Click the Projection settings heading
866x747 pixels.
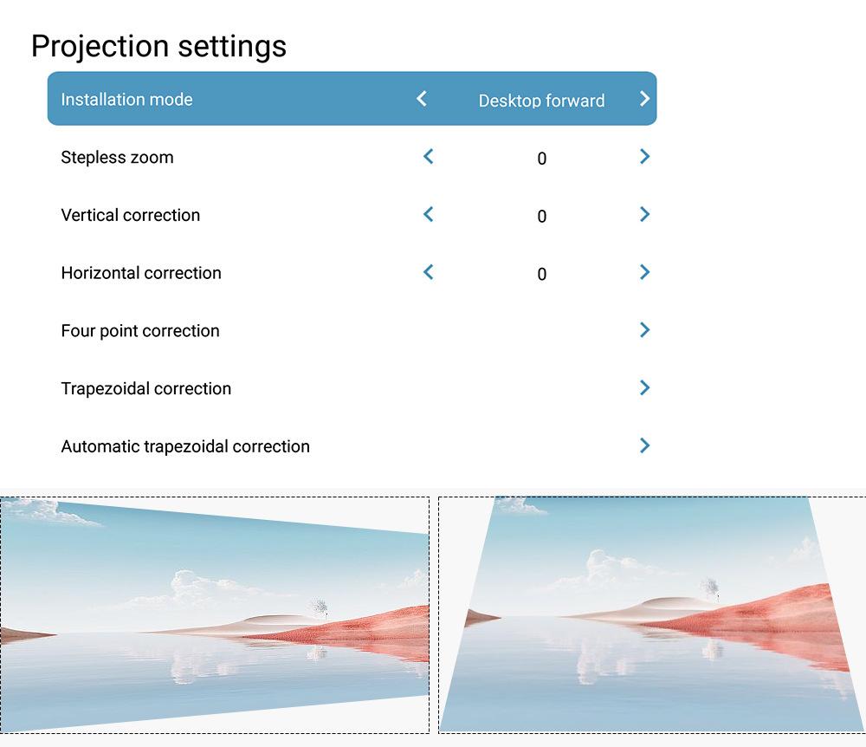pos(159,47)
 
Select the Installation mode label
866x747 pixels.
pos(126,100)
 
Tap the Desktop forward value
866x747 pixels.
pos(541,101)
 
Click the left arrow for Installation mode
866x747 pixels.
pos(422,99)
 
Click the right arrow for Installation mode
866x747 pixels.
pos(644,99)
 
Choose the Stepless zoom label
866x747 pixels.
pos(117,158)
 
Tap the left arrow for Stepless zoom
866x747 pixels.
pos(428,156)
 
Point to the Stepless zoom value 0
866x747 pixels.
pos(542,159)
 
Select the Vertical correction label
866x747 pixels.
pos(131,215)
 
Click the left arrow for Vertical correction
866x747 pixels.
pos(428,214)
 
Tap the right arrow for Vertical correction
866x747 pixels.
pos(644,214)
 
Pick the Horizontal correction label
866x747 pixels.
pos(141,273)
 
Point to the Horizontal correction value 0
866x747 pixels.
pos(542,274)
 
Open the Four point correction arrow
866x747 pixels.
pos(644,330)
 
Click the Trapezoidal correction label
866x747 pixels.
pos(145,389)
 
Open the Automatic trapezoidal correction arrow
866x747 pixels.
pos(644,445)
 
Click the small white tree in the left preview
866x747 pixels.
pos(318,607)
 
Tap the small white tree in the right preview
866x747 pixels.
pos(710,587)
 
